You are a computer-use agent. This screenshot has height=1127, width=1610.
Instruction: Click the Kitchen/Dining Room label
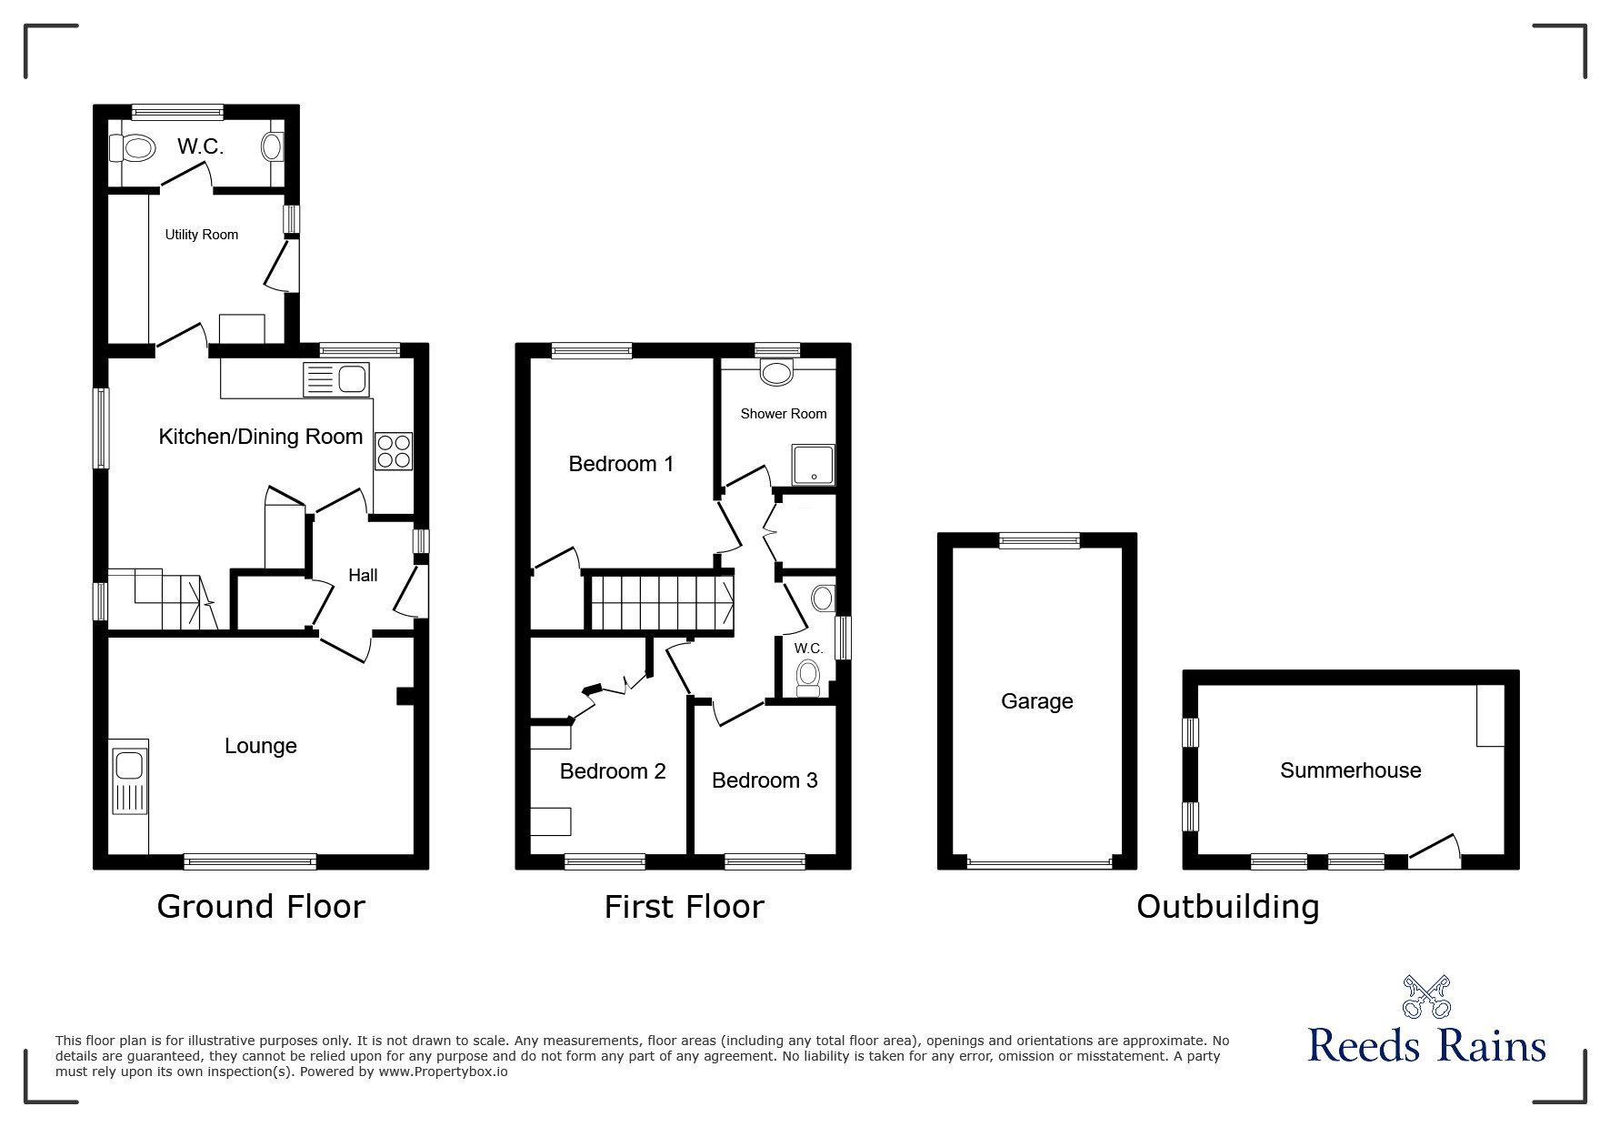(x=260, y=437)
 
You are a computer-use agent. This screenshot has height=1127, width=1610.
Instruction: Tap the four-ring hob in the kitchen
(x=393, y=451)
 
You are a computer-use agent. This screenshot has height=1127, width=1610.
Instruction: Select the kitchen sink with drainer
(x=335, y=379)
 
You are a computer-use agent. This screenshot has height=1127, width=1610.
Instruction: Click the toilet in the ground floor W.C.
(x=133, y=147)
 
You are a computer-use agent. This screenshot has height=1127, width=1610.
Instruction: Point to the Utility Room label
(x=201, y=235)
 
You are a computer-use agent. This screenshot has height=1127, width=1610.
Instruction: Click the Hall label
(x=363, y=575)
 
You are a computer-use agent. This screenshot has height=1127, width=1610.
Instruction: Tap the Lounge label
(x=260, y=746)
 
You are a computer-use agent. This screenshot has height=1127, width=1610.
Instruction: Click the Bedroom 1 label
(x=621, y=464)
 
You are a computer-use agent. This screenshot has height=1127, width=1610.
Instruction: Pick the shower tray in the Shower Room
(x=812, y=465)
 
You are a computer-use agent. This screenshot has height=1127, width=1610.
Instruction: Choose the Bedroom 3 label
(x=764, y=780)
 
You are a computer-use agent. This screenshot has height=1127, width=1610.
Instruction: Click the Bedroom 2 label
(x=612, y=771)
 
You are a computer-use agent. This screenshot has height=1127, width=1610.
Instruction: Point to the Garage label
(x=1036, y=701)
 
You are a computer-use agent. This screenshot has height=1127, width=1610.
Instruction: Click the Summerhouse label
(x=1350, y=770)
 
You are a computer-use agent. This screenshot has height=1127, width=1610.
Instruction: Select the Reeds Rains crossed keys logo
(x=1425, y=996)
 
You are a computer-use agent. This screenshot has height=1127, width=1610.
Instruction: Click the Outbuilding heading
(x=1227, y=907)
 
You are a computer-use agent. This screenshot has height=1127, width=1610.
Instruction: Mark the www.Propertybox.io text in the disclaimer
(x=443, y=1072)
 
